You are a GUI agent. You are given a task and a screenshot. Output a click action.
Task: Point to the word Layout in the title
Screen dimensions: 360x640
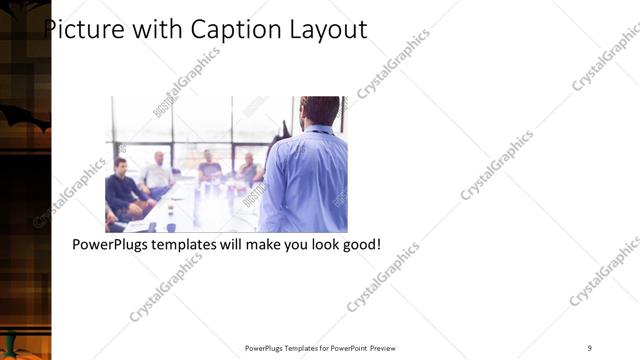328,30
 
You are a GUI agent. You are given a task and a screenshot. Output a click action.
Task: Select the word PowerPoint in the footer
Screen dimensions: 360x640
346,348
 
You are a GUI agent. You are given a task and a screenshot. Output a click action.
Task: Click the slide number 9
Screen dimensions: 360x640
590,348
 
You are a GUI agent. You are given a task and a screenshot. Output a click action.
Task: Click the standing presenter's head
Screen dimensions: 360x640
319,110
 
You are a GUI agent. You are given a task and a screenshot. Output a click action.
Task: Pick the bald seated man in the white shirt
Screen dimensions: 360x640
157,173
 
